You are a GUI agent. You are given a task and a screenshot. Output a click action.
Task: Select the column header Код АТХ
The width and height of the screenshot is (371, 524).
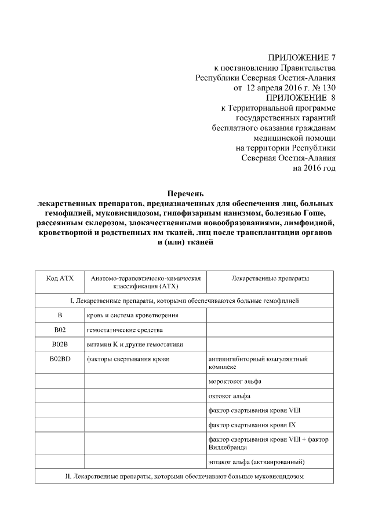[x=59, y=279]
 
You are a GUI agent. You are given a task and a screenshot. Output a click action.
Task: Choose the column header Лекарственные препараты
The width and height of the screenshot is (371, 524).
[x=270, y=279]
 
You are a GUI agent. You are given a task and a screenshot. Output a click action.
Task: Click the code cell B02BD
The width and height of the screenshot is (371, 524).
[x=59, y=359]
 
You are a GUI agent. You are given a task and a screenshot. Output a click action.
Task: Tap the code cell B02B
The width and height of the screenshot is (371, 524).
[x=59, y=345]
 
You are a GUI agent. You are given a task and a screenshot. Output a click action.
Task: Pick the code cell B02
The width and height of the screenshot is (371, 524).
[x=59, y=330]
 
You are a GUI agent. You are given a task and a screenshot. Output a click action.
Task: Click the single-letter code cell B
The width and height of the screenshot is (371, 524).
[x=59, y=315]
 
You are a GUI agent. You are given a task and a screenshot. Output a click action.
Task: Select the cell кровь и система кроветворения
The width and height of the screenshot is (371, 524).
[x=132, y=315]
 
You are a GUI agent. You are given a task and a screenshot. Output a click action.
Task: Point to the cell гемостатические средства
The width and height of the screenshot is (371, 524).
[x=122, y=330]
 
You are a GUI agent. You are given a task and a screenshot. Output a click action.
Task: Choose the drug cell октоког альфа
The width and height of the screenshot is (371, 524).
[x=229, y=396]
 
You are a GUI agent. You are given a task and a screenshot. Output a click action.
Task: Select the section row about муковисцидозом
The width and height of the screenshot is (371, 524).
[x=185, y=477]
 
